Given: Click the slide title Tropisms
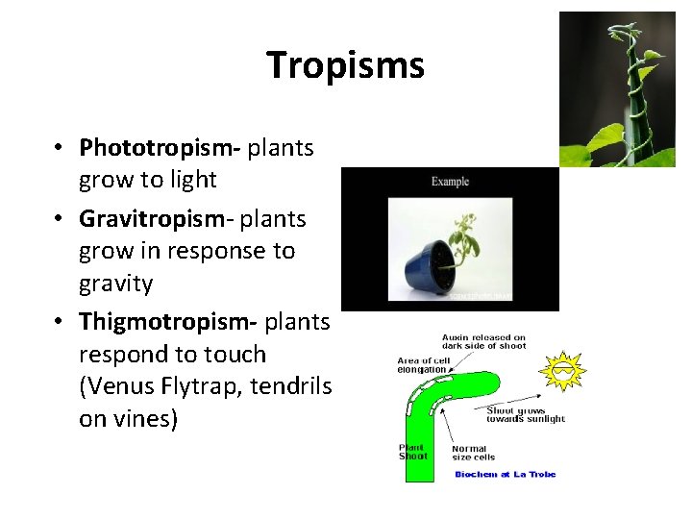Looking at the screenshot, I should pyautogui.click(x=345, y=65).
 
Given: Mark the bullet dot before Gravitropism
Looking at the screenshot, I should pyautogui.click(x=60, y=219).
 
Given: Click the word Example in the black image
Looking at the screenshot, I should pyautogui.click(x=450, y=182).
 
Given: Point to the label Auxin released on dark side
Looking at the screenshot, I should pyautogui.click(x=483, y=342).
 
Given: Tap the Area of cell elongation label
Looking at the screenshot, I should pyautogui.click(x=422, y=365).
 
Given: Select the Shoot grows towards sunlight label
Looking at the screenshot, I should pyautogui.click(x=526, y=414).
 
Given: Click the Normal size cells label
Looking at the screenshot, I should pyautogui.click(x=470, y=453).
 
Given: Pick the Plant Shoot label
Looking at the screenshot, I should pyautogui.click(x=413, y=452).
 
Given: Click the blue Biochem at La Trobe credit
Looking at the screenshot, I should pyautogui.click(x=505, y=474).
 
